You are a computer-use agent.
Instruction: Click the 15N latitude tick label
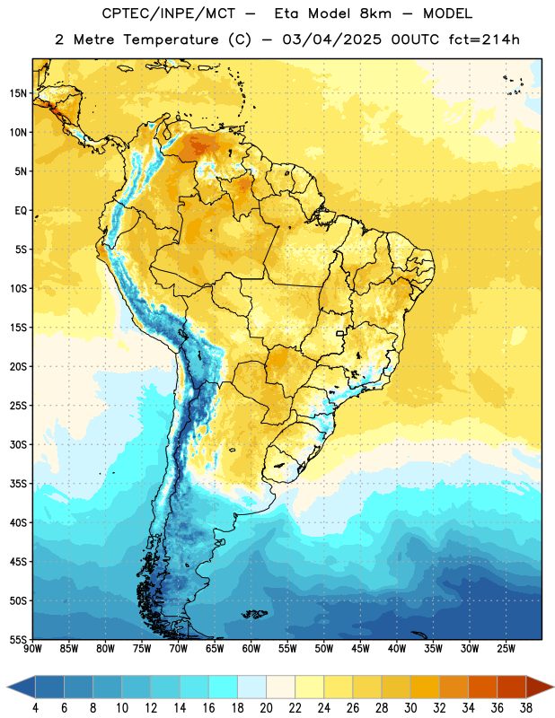[x=18, y=93]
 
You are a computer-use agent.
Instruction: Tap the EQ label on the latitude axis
[x=21, y=211]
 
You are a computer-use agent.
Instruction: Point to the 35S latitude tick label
[x=18, y=484]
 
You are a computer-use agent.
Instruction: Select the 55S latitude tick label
[x=18, y=639]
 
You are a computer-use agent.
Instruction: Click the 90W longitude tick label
[x=32, y=649]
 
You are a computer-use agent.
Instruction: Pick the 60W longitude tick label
[x=251, y=649]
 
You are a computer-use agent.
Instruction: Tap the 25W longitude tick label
[x=506, y=649]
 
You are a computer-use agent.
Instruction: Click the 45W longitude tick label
[x=360, y=649]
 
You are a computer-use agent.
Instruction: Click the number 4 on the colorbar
[x=35, y=708]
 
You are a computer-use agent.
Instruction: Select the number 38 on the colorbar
[x=525, y=708]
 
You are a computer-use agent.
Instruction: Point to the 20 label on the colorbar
[x=266, y=708]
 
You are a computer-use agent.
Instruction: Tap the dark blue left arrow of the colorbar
[x=21, y=687]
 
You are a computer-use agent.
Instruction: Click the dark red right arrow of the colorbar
[x=540, y=687]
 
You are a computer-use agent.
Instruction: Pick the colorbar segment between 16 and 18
[x=224, y=687]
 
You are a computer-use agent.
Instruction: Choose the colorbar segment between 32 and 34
[x=454, y=687]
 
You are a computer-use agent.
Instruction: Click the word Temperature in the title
[x=171, y=39]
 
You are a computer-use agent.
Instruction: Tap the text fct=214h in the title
[x=484, y=39]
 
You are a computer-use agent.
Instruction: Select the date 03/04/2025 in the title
[x=331, y=39]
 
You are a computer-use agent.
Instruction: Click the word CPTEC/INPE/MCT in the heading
[x=169, y=13]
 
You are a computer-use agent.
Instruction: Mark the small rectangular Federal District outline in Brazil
[x=340, y=333]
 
